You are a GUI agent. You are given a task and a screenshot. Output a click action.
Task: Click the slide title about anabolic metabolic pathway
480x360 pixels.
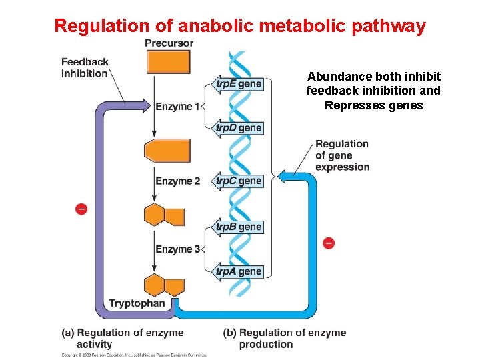[239, 26]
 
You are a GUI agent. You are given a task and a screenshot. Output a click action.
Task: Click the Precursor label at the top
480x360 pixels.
[169, 43]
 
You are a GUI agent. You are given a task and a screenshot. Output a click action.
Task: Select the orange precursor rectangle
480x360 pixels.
[168, 62]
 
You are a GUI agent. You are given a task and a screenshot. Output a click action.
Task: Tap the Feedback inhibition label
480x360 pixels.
[85, 68]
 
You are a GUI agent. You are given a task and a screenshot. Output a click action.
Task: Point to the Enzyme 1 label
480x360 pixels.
[177, 107]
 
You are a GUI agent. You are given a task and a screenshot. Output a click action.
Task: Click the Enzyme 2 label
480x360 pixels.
[177, 181]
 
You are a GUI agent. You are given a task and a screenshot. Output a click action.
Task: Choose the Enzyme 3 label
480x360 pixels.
[177, 249]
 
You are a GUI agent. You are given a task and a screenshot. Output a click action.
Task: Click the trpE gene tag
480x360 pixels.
[238, 84]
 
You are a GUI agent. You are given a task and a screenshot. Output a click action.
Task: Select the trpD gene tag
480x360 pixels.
[238, 127]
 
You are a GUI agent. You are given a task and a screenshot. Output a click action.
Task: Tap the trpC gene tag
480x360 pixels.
[238, 181]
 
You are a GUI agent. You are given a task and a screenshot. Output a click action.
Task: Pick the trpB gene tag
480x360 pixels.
[238, 227]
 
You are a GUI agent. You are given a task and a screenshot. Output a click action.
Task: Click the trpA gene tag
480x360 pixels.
[238, 271]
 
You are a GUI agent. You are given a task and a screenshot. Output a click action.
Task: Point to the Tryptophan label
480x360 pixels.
[137, 304]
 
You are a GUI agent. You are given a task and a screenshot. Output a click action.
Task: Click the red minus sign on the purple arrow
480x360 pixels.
[81, 209]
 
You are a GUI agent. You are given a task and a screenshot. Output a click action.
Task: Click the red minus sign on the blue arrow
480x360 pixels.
[328, 243]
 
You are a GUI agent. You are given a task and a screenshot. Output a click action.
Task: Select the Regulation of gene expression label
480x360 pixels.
[342, 155]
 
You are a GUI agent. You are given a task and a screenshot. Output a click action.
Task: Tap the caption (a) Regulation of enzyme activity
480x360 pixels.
[122, 338]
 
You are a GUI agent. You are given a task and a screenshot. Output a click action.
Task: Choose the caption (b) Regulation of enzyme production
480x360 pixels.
[285, 338]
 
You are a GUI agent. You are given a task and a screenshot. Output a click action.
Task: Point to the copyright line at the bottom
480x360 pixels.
[133, 355]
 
